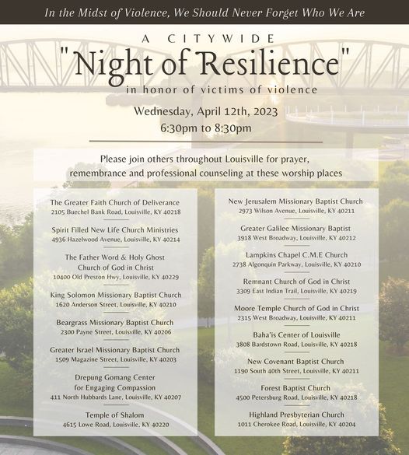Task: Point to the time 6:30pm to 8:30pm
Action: pyautogui.click(x=205, y=128)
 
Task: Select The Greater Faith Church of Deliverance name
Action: pyautogui.click(x=115, y=202)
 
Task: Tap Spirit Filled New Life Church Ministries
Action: pyautogui.click(x=115, y=230)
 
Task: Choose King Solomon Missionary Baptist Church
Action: pyautogui.click(x=115, y=295)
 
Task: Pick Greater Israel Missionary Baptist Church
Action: pyautogui.click(x=115, y=350)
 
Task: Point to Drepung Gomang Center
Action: pyautogui.click(x=115, y=377)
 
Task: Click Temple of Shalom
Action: pyautogui.click(x=115, y=415)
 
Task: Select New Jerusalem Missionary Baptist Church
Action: pyautogui.click(x=295, y=201)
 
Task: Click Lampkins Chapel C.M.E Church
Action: pyautogui.click(x=295, y=255)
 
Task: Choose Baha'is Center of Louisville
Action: pyautogui.click(x=296, y=334)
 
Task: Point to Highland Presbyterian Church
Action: pyautogui.click(x=295, y=415)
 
